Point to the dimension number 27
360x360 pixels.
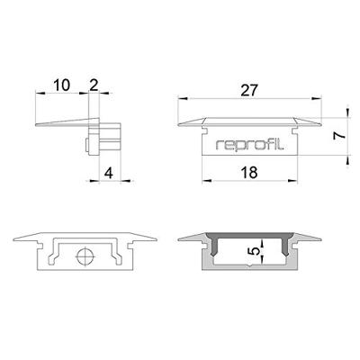click(251, 89)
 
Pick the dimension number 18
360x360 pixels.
click(251, 170)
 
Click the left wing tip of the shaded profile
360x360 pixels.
click(179, 238)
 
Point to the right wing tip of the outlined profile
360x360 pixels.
click(157, 238)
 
